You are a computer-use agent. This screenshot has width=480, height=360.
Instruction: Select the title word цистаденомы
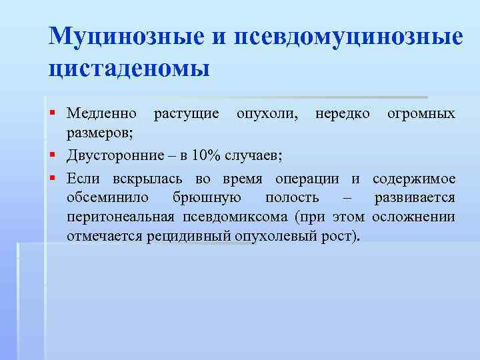[129, 69]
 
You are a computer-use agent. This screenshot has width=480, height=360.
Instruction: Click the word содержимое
[415, 179]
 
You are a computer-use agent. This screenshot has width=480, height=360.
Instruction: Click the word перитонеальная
[121, 217]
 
